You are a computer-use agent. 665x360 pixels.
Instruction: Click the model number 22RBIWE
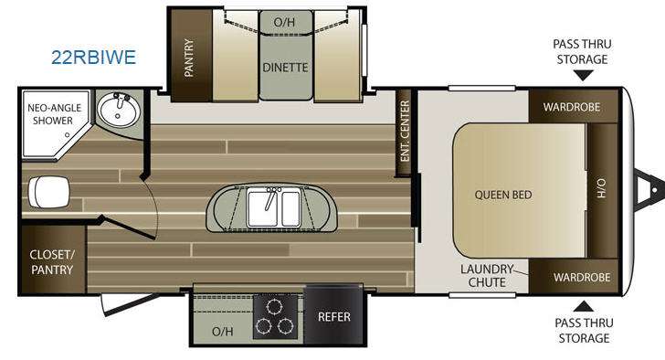click(x=94, y=58)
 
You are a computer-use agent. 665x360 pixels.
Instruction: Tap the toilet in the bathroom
click(x=48, y=192)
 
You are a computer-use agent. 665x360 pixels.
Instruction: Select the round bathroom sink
click(x=119, y=111)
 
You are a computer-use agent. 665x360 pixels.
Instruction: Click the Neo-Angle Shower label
click(x=54, y=114)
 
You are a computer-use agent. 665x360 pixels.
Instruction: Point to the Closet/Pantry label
click(x=52, y=262)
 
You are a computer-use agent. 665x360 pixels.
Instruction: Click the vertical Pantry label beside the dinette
click(x=189, y=58)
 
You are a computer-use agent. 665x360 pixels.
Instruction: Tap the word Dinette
click(x=285, y=68)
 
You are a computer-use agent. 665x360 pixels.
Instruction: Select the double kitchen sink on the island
click(x=274, y=207)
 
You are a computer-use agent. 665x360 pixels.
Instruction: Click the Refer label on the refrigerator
click(x=334, y=317)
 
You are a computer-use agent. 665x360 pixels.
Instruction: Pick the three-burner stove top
click(x=275, y=317)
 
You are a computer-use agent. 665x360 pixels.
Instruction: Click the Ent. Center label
click(x=405, y=131)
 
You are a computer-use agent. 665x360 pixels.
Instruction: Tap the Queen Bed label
click(x=503, y=195)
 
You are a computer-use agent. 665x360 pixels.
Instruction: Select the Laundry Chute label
click(x=487, y=276)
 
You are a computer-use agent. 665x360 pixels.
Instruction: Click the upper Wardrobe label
click(x=572, y=107)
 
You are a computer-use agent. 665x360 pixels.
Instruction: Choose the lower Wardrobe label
click(x=582, y=278)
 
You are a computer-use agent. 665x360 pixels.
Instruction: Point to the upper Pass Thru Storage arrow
click(x=583, y=76)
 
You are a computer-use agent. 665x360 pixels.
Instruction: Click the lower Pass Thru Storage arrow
click(x=584, y=307)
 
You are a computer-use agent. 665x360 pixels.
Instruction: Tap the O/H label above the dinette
click(x=284, y=22)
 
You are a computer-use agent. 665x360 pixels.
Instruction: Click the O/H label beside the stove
click(x=223, y=331)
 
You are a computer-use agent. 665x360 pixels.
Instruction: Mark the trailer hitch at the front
click(x=648, y=190)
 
